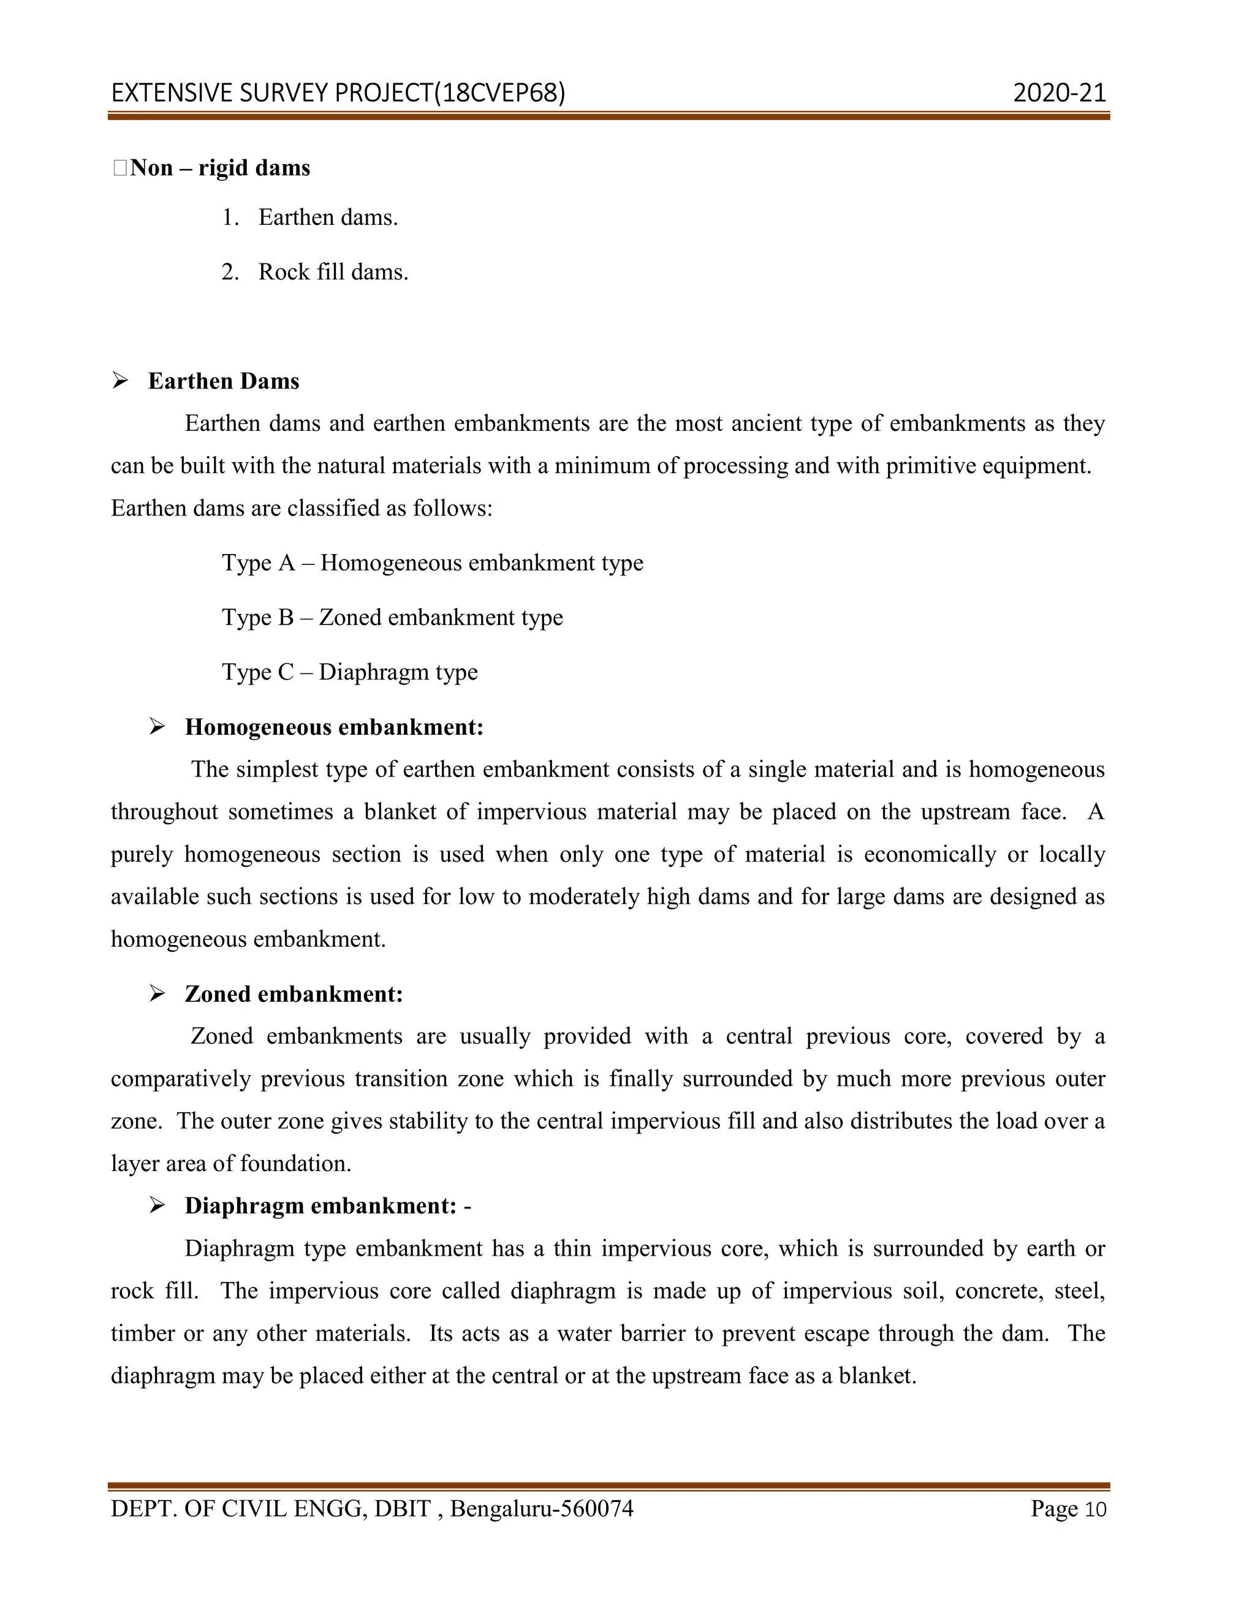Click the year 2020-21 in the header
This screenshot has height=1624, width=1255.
(1059, 93)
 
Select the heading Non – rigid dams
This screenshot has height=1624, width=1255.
(220, 168)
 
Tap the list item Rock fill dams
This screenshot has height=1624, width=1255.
(333, 272)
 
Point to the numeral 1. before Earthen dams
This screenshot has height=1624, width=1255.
(230, 218)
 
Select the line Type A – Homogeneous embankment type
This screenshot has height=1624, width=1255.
(432, 563)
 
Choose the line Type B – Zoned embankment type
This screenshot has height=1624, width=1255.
(392, 617)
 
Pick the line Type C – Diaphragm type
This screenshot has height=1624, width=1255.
(349, 672)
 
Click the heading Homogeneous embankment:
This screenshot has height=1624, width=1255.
(334, 727)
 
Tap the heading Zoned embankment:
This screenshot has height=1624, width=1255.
(294, 994)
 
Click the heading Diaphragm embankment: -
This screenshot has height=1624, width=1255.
(327, 1206)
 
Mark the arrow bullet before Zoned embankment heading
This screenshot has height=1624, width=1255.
(157, 993)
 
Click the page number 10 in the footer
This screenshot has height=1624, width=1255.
(1095, 1509)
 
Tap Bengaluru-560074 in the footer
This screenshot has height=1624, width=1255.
(541, 1509)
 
